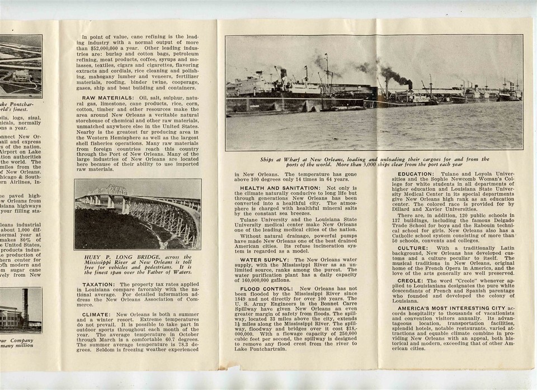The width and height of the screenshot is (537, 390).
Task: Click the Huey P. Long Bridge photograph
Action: pyautogui.click(x=137, y=213)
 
